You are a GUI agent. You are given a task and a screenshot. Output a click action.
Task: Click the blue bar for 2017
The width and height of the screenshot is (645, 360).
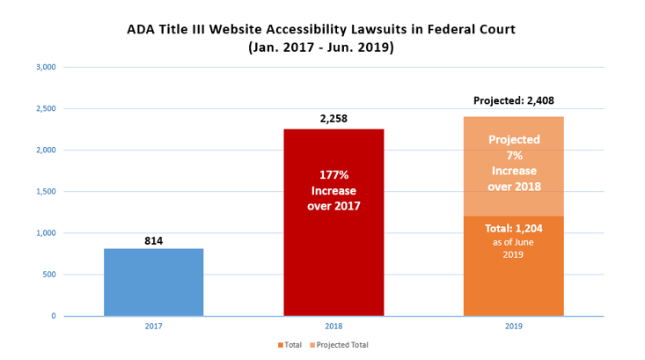click(x=153, y=282)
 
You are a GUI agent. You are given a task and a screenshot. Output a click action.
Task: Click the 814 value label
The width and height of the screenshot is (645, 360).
click(x=153, y=240)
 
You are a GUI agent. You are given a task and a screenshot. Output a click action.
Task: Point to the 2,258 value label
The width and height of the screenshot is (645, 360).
click(x=333, y=118)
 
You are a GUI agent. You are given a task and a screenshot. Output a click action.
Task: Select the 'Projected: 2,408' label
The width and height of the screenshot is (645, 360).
click(x=513, y=101)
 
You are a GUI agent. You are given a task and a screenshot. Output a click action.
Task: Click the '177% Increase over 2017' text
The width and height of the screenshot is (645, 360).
click(x=333, y=190)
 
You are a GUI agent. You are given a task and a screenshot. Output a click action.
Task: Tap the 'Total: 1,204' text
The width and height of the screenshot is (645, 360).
click(x=515, y=229)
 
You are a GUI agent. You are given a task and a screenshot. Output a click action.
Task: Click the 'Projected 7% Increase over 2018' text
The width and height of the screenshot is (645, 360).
click(x=514, y=163)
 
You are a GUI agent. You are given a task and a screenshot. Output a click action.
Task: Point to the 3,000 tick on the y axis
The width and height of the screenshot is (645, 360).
click(x=45, y=68)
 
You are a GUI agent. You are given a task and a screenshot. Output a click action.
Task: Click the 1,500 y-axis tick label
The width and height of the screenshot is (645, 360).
click(x=45, y=192)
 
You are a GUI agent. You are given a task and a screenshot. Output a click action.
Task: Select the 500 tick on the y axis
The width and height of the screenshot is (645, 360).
click(x=48, y=275)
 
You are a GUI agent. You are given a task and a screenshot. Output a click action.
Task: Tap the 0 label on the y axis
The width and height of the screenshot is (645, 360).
click(x=53, y=316)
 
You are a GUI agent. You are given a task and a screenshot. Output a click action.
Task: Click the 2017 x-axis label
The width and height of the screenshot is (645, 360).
click(x=153, y=327)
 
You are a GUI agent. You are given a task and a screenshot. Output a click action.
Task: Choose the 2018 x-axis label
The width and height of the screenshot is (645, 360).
click(x=333, y=327)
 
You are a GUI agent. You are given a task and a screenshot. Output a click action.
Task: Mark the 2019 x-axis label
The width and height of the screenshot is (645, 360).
click(x=513, y=327)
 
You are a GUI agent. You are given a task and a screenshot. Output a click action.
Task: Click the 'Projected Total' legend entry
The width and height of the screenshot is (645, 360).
click(x=343, y=345)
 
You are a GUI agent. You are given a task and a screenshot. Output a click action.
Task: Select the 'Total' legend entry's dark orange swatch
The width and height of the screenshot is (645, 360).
click(x=281, y=345)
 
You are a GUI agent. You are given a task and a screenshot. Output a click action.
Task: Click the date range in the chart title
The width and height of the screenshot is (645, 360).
click(x=321, y=48)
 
